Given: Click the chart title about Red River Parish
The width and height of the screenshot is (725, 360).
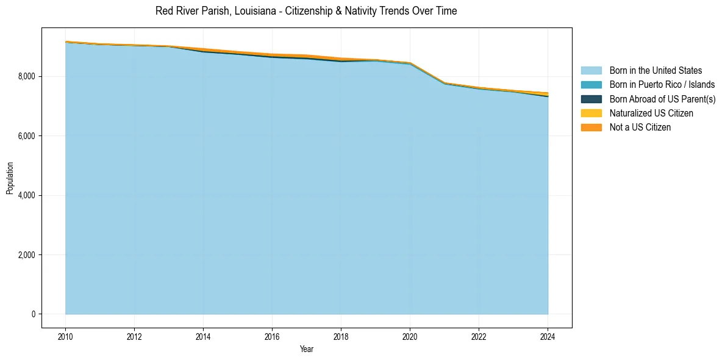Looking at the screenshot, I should click(306, 11).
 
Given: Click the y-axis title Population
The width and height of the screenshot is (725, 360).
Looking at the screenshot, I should click(10, 178).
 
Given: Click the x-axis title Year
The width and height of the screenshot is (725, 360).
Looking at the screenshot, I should click(307, 349).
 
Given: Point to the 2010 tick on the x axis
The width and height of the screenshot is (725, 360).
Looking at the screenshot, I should click(65, 336).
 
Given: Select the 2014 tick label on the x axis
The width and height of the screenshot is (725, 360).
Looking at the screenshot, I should click(203, 336).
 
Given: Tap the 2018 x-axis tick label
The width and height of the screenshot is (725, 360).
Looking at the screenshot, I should click(341, 336).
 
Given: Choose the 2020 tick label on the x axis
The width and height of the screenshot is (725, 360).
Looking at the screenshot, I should click(410, 336).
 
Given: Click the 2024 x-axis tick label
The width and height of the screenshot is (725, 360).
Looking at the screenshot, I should click(548, 336).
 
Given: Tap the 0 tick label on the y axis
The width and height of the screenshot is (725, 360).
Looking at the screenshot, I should click(34, 314).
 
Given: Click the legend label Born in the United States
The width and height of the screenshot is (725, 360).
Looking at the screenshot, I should click(655, 71).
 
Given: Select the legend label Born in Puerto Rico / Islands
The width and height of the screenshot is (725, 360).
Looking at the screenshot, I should click(662, 85).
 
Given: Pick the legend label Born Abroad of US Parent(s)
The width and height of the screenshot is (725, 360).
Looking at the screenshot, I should click(662, 99).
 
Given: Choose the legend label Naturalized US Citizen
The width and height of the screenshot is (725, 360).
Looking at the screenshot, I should click(651, 113).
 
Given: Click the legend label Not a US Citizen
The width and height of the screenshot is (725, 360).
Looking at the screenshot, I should click(640, 128).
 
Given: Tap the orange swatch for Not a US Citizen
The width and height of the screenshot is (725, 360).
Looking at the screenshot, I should click(591, 128).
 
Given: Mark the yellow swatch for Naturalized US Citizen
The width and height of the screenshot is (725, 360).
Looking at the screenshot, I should click(591, 113).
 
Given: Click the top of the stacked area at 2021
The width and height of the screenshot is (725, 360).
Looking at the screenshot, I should click(445, 83).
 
